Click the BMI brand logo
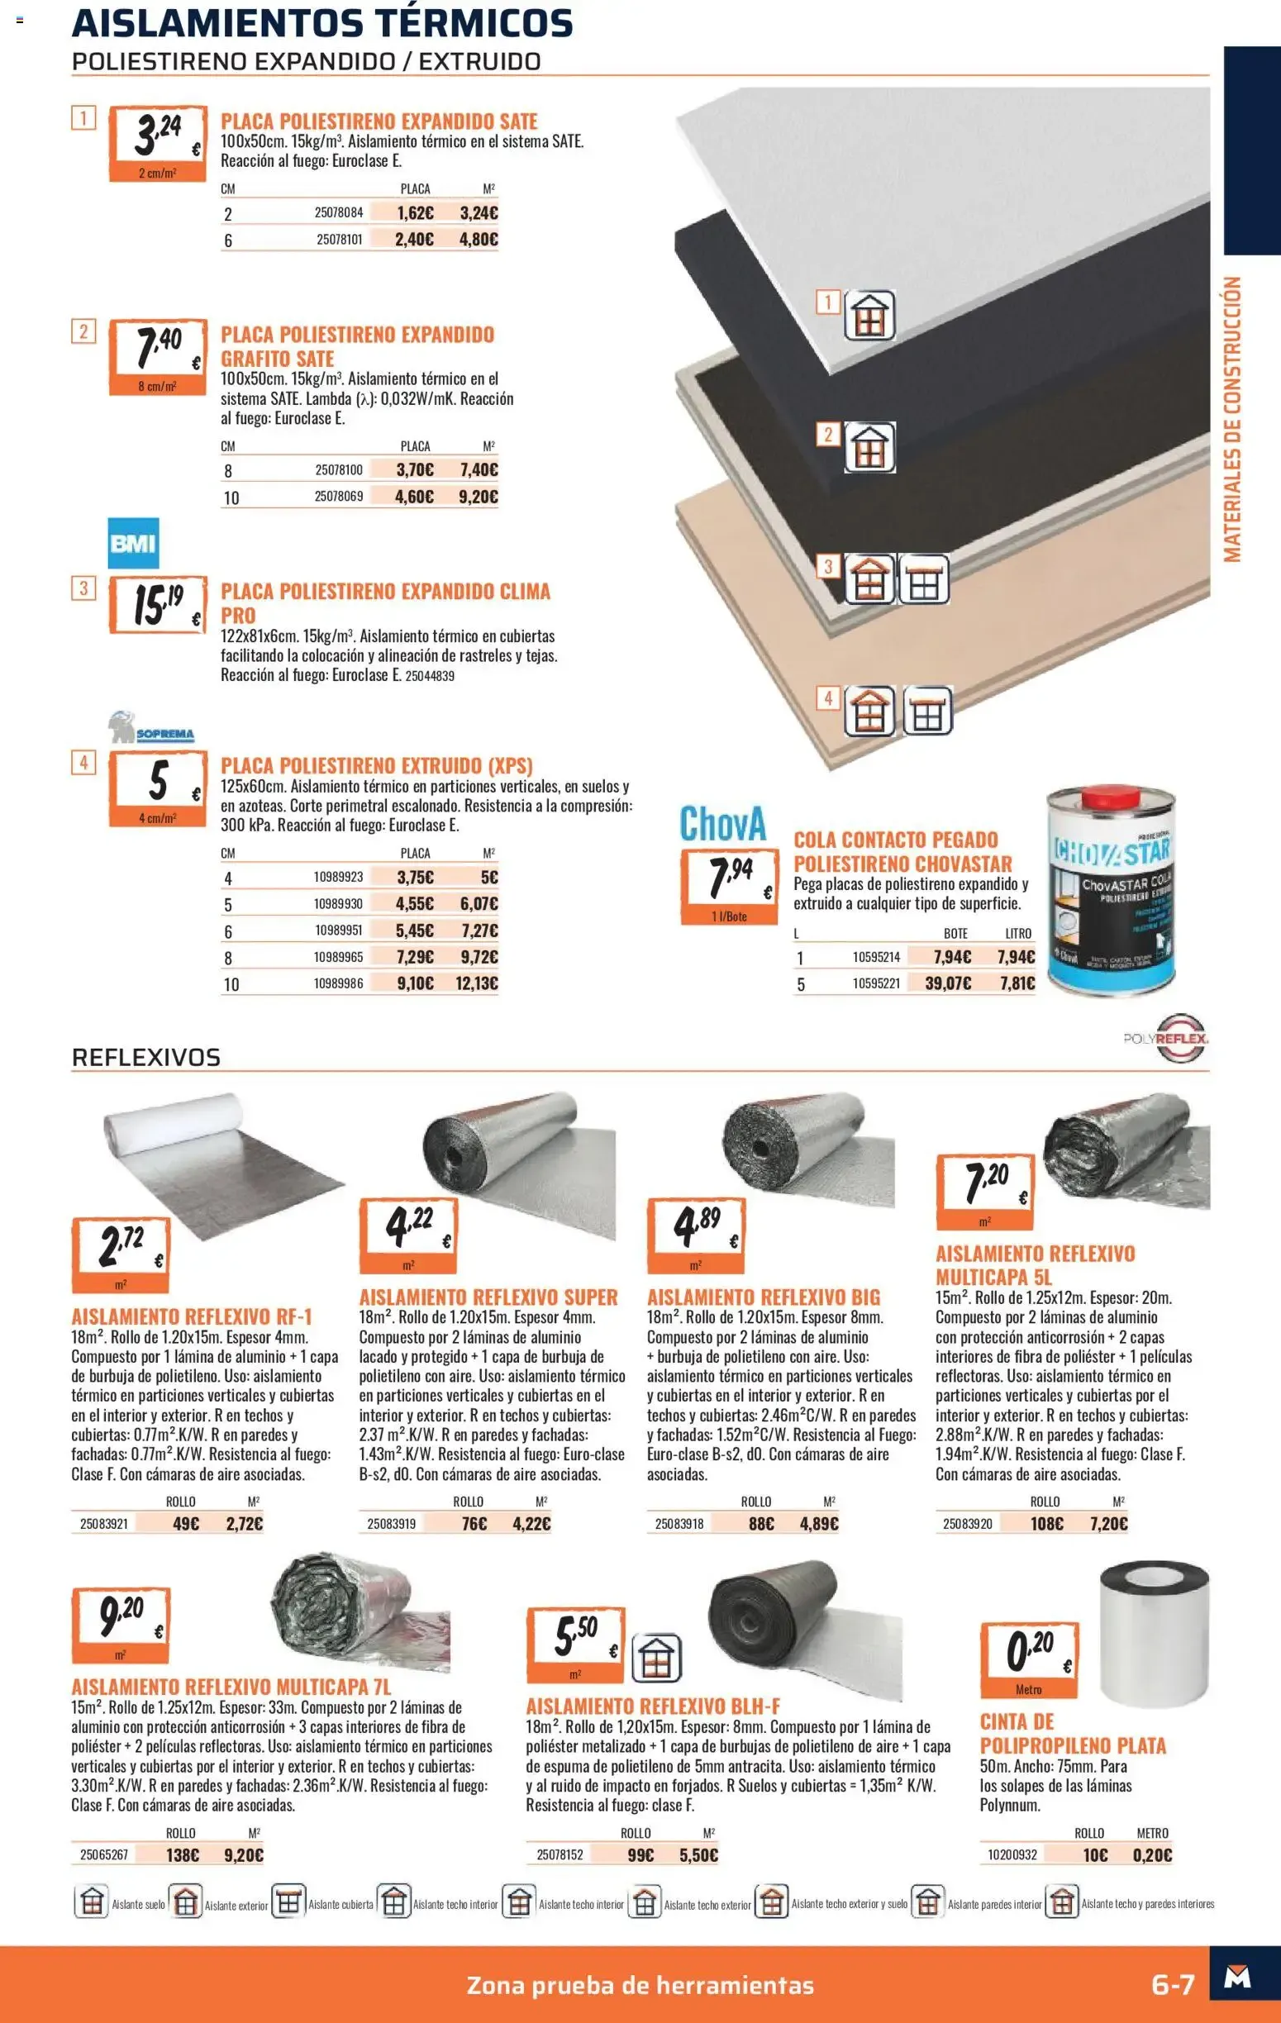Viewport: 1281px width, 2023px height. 134,544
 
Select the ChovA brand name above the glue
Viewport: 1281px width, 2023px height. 722,823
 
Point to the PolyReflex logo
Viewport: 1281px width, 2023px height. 1166,1039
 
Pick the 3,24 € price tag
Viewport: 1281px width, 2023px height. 158,144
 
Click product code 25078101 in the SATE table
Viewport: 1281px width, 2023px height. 340,240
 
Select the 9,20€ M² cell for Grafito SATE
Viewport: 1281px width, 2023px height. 478,497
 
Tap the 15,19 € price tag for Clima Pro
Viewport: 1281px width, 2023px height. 158,604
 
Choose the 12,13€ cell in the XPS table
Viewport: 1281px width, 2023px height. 476,983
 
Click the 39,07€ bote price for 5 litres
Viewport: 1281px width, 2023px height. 947,983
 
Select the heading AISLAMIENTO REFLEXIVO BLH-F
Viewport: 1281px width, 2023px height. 653,1706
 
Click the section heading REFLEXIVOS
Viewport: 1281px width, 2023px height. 146,1057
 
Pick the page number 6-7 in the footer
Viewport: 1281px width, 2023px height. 1173,1985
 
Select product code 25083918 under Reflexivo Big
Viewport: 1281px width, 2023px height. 679,1523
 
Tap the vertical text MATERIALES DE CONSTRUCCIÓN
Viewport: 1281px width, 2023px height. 1231,419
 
